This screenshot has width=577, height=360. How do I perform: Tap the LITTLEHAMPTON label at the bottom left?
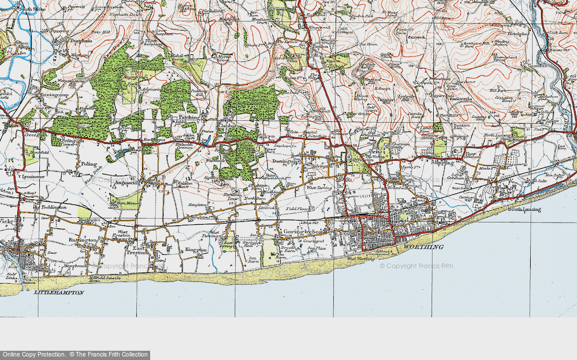59,293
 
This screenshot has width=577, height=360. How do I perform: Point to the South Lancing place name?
523,209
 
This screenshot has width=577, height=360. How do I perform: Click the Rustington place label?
83,239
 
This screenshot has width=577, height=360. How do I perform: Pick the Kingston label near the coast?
196,250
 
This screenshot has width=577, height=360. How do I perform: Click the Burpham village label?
80,41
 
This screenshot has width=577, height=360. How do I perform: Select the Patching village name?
188,117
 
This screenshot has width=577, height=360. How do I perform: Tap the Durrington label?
286,162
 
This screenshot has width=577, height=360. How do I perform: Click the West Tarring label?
319,187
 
